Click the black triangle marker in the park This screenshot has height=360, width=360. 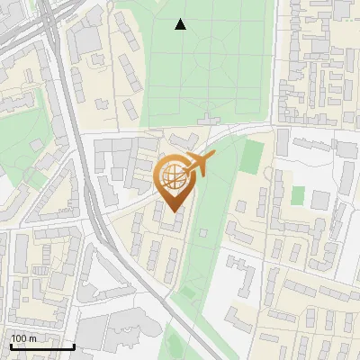[181, 24]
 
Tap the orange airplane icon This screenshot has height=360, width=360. [199, 163]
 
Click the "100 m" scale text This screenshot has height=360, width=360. [24, 338]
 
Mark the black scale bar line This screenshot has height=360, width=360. [42, 346]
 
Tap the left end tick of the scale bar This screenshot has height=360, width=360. [11, 345]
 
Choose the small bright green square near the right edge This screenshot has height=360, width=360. [298, 195]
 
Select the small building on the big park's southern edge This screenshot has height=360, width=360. [209, 118]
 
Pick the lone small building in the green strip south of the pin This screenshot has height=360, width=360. [202, 233]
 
